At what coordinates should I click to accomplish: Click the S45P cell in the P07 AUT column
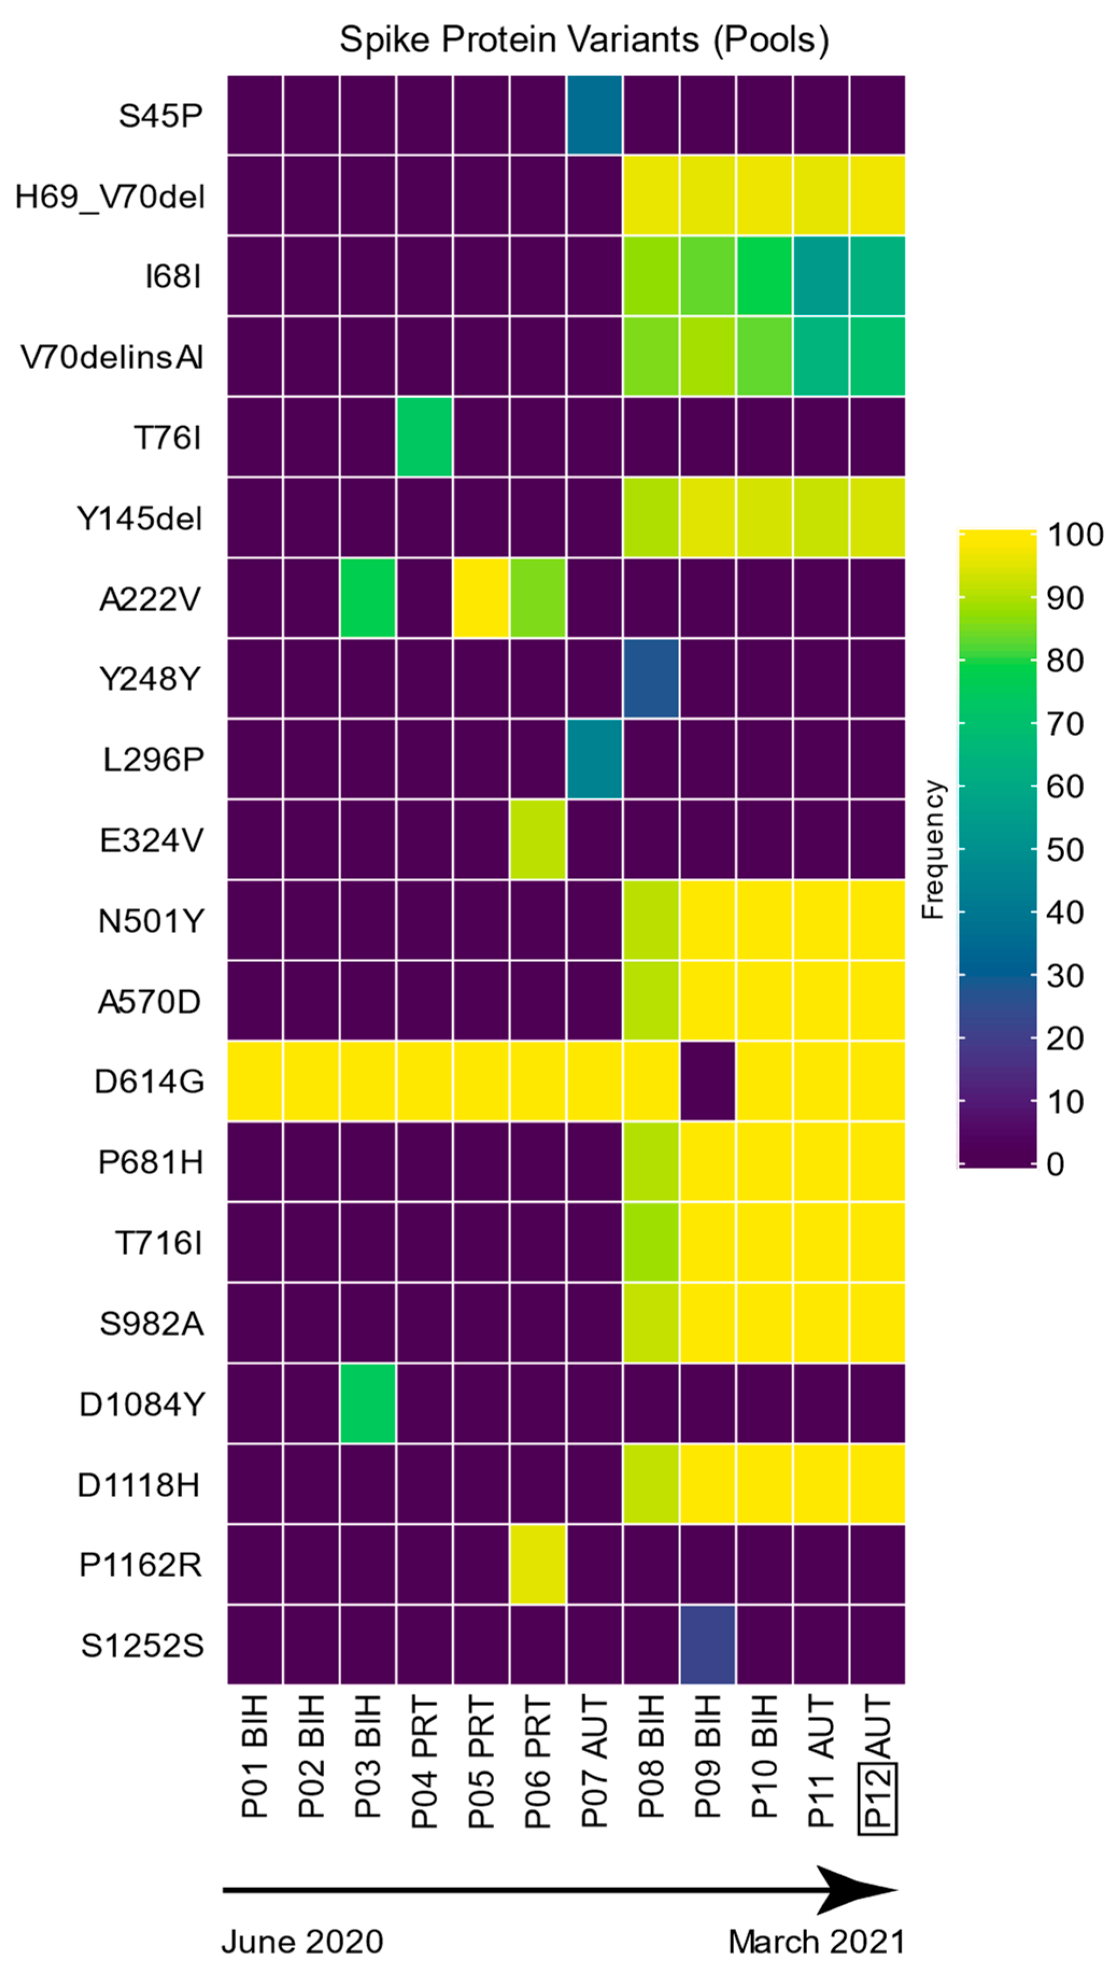point(594,115)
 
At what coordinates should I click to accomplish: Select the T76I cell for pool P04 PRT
point(424,436)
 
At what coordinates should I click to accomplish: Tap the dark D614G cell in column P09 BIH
point(707,1080)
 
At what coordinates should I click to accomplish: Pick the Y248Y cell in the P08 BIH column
point(650,679)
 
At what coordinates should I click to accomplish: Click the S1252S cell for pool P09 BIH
point(707,1644)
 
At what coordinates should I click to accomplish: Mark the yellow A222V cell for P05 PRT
point(481,598)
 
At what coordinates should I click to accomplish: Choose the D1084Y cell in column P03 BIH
point(368,1403)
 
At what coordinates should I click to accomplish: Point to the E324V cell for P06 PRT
point(538,839)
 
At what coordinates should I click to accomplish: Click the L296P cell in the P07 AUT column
point(594,759)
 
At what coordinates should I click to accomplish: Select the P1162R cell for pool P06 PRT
point(538,1565)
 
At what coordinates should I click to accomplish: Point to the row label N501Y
point(151,920)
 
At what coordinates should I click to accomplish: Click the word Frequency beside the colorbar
point(932,849)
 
